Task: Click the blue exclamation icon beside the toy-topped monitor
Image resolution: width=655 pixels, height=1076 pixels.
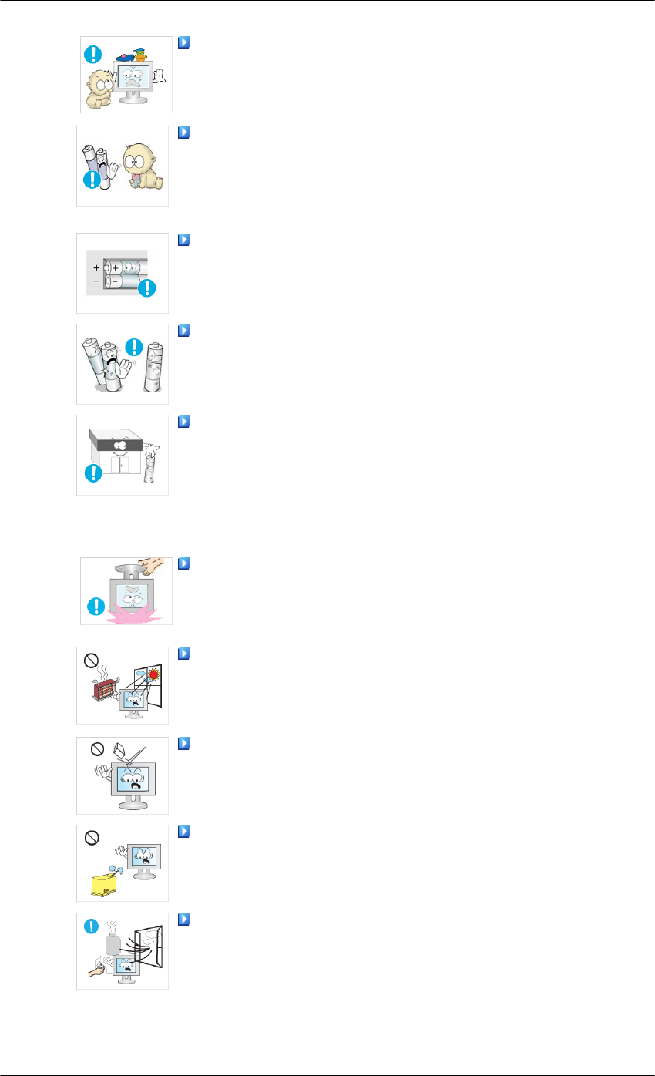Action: pyautogui.click(x=93, y=54)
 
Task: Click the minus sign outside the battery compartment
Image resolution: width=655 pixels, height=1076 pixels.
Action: pyautogui.click(x=96, y=283)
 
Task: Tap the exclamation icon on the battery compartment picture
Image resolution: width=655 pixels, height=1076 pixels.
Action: pyautogui.click(x=146, y=288)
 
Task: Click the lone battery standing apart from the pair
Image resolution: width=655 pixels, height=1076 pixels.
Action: pyautogui.click(x=153, y=369)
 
